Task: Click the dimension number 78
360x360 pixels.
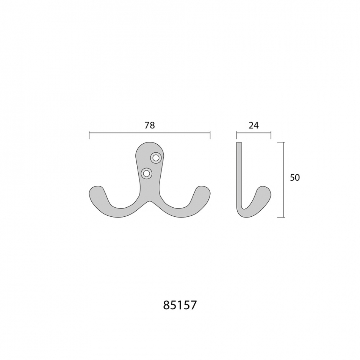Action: [x=150, y=125]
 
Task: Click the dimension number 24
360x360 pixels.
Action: [x=254, y=125]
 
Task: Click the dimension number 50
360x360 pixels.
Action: [x=295, y=177]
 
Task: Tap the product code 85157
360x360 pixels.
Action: [x=180, y=305]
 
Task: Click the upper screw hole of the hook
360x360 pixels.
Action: [x=156, y=158]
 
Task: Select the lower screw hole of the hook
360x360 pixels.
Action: [x=147, y=173]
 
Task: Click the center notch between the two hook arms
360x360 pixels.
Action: [x=150, y=202]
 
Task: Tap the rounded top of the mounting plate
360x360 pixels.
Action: [x=150, y=145]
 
